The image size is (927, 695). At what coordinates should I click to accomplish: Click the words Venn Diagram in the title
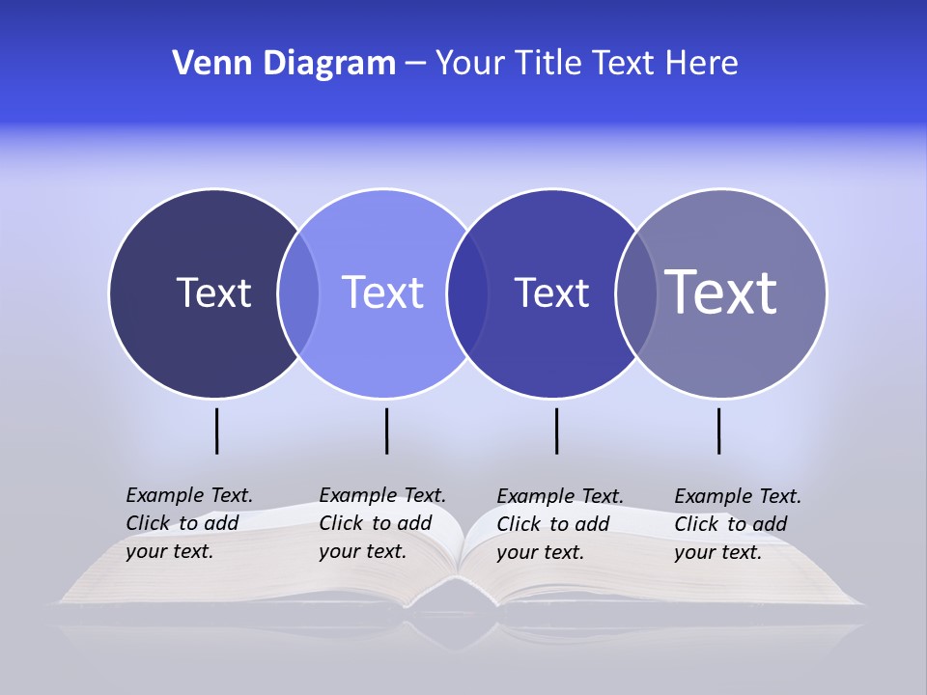click(x=284, y=64)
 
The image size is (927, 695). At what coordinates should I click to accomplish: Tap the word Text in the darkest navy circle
click(x=213, y=292)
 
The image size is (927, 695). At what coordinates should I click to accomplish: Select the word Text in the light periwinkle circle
click(x=383, y=292)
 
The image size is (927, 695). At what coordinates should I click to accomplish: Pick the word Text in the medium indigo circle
click(x=551, y=292)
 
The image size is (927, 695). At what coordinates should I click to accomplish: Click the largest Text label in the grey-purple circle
click(x=721, y=292)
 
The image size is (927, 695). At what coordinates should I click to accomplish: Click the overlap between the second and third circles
click(x=467, y=293)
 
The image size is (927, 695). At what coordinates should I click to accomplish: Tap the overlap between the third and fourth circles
click(x=636, y=293)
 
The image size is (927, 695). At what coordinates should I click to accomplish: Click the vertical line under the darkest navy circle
click(x=217, y=431)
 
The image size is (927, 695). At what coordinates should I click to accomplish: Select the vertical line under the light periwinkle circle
click(x=386, y=431)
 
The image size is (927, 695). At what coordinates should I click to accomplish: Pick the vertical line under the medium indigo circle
click(x=556, y=431)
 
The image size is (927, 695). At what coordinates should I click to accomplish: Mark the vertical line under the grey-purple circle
click(x=719, y=431)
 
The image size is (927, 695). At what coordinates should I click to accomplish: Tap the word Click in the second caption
click(x=341, y=523)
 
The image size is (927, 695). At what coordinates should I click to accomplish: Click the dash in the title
click(x=415, y=64)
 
